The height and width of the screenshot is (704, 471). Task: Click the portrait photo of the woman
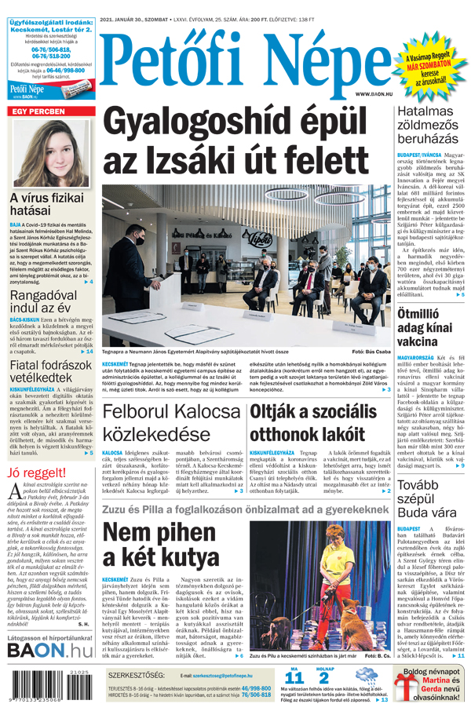tap(49, 153)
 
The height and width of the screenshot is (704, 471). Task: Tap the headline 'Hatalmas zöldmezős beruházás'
tap(427, 125)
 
